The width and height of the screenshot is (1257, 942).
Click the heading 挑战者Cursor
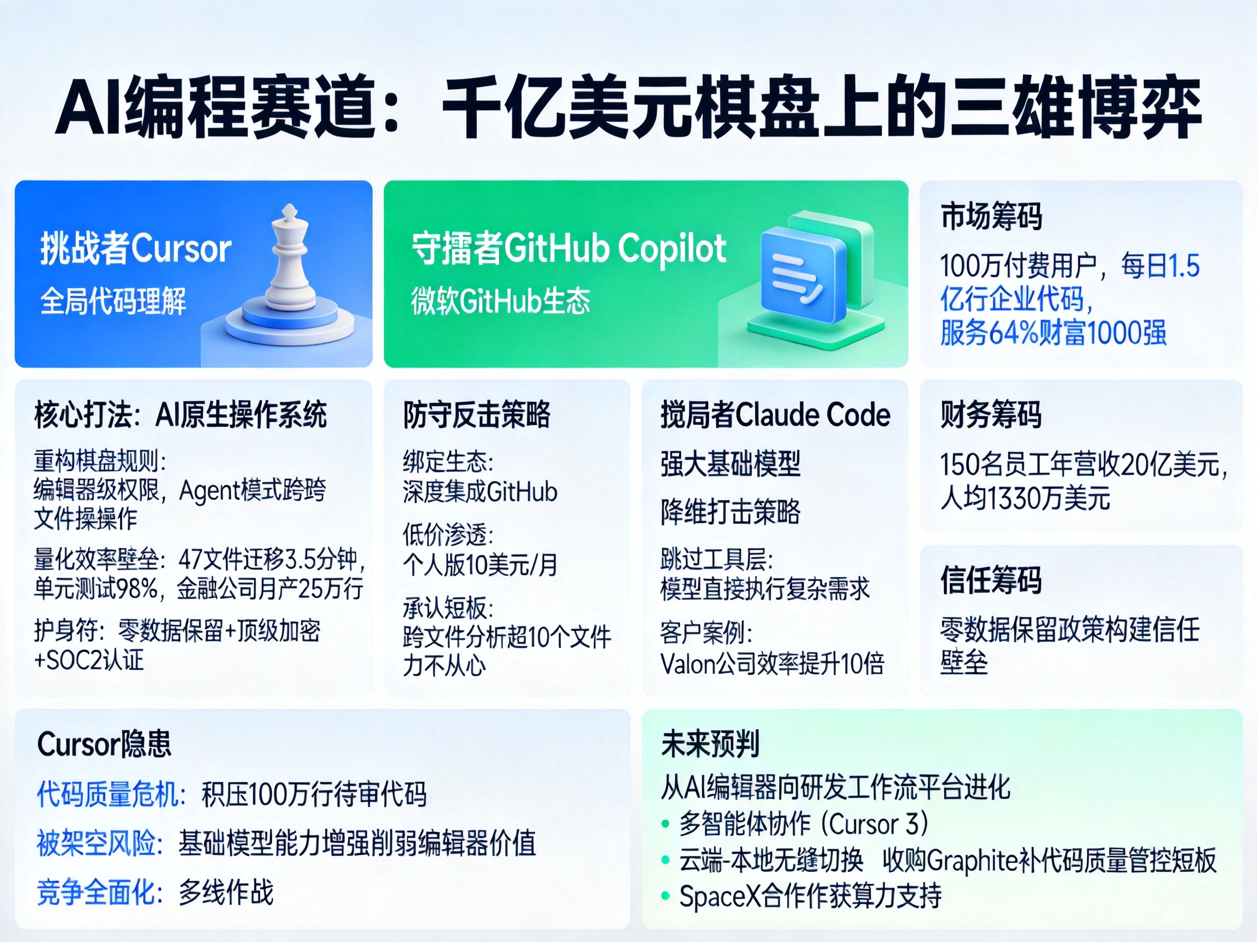coord(135,249)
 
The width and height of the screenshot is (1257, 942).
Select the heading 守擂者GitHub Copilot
coord(569,249)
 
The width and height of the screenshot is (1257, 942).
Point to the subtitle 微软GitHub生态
coord(501,301)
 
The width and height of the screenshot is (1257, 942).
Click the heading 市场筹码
coord(991,216)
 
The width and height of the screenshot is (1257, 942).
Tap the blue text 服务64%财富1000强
coord(1053,333)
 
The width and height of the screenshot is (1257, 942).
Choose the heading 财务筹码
coord(991,414)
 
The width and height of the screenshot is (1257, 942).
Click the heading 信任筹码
coord(991,581)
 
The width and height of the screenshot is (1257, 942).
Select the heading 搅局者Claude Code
coord(775,414)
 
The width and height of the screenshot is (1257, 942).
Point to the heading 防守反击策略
coord(477,414)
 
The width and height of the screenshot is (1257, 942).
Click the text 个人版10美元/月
coord(480,564)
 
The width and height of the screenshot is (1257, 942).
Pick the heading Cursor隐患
coord(104,744)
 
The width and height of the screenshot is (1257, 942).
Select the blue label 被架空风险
coord(99,843)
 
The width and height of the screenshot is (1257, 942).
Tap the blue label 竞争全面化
coord(99,892)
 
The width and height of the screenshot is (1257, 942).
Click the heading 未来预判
coord(710,744)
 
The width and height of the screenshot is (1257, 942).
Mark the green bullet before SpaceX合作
coord(666,897)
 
